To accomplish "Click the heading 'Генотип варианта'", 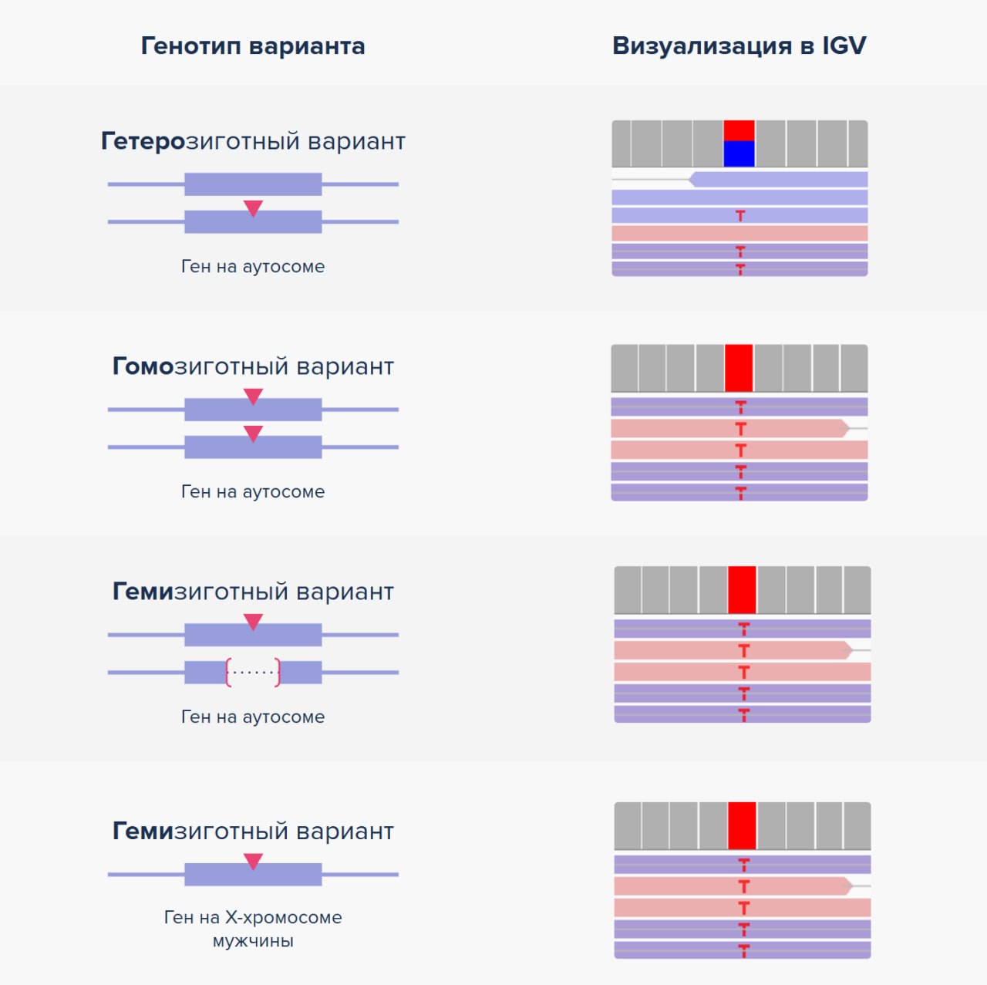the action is (x=253, y=46).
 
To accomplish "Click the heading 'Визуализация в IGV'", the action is (x=739, y=46).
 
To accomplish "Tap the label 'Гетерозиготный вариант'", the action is (x=253, y=141).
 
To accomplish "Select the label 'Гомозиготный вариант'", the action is (x=253, y=366).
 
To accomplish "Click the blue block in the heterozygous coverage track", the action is (x=739, y=153).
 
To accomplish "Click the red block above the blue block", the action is (x=739, y=130).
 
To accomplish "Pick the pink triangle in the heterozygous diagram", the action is (x=253, y=208).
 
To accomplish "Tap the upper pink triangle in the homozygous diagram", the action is (x=253, y=396).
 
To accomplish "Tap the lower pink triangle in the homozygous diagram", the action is (x=253, y=433).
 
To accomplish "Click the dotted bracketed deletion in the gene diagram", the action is (x=253, y=672).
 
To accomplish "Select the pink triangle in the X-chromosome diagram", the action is (x=253, y=862).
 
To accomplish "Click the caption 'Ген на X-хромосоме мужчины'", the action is (x=253, y=929).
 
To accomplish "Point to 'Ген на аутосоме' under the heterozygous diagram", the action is (x=253, y=266).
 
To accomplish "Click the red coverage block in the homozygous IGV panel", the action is (x=739, y=368).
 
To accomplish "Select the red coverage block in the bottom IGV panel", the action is (x=742, y=825).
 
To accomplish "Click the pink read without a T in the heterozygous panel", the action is (x=739, y=234).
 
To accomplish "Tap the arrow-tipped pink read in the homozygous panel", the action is (x=730, y=428).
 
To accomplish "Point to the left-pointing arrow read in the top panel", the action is (x=778, y=180).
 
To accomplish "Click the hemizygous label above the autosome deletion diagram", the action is (x=253, y=592).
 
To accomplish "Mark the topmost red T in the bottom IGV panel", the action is (x=743, y=865).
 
